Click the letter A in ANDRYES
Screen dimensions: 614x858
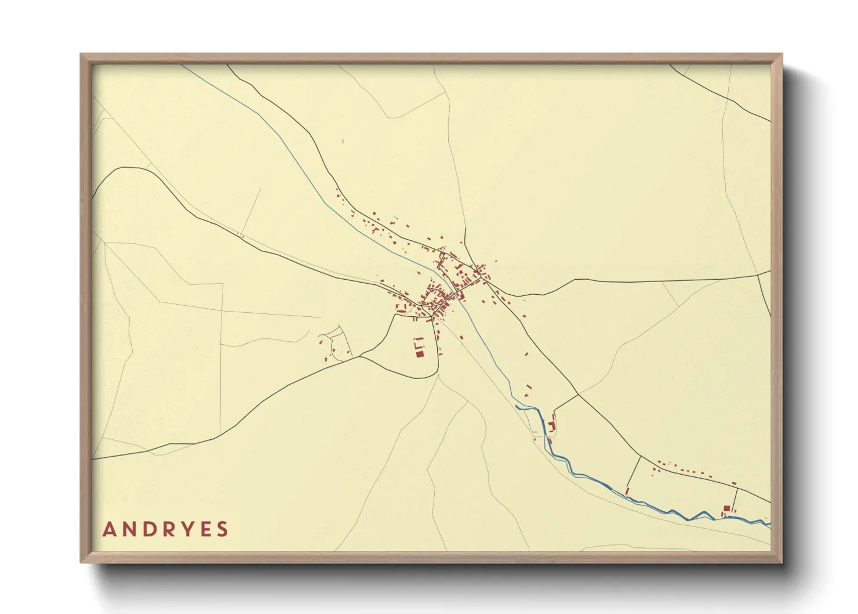pyautogui.click(x=108, y=529)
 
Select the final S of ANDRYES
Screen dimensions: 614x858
pyautogui.click(x=222, y=529)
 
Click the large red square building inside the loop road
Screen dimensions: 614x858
pyautogui.click(x=420, y=353)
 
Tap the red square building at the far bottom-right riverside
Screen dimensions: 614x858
pyautogui.click(x=726, y=508)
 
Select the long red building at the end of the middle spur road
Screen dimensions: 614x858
pyautogui.click(x=627, y=491)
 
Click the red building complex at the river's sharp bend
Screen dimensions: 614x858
pyautogui.click(x=551, y=427)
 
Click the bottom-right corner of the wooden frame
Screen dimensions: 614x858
pyautogui.click(x=781, y=562)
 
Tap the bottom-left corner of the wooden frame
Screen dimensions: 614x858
pyautogui.click(x=82, y=562)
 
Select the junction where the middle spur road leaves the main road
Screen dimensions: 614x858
pyautogui.click(x=641, y=456)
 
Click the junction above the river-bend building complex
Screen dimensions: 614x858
pyautogui.click(x=579, y=395)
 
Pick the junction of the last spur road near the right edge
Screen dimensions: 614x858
pyautogui.click(x=737, y=487)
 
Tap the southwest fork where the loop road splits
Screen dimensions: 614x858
pyautogui.click(x=361, y=356)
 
